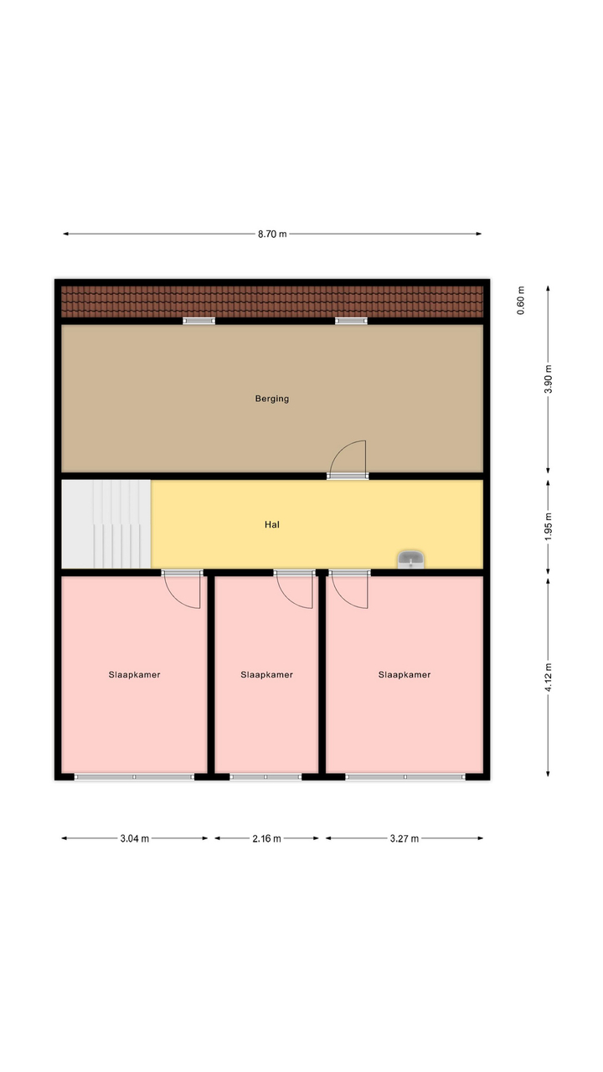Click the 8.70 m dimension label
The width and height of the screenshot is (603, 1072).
(x=272, y=234)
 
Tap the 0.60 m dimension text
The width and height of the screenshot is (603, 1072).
(x=521, y=300)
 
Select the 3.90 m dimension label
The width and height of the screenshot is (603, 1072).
(x=549, y=379)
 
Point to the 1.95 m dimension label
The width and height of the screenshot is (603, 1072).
(x=549, y=527)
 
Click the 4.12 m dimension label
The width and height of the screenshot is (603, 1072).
(x=549, y=678)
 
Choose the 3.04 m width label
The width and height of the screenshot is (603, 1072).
(x=135, y=838)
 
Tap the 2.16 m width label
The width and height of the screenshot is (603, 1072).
(x=266, y=838)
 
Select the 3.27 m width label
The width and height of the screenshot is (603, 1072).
(x=405, y=838)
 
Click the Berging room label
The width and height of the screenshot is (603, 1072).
(x=272, y=399)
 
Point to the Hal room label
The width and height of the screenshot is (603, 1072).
(x=272, y=524)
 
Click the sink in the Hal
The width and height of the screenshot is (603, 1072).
(x=411, y=559)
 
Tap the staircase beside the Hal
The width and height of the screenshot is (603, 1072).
(x=106, y=524)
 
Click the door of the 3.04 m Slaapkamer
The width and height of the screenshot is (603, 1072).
(x=182, y=590)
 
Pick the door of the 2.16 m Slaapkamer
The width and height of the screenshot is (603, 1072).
(x=294, y=590)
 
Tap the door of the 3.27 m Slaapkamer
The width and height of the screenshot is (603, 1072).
(x=349, y=590)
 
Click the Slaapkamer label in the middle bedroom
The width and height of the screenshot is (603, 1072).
(x=266, y=675)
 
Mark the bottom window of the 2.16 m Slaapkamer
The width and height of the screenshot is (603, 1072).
(x=265, y=776)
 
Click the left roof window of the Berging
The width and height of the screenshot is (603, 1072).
(x=199, y=321)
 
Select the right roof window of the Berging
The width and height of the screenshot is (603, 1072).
(x=351, y=321)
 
